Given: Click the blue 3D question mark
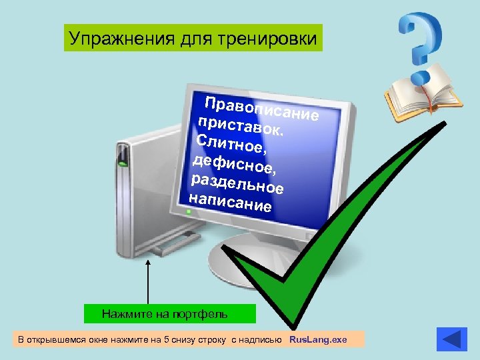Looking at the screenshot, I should point(421,43).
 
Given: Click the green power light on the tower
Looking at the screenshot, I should point(123,162).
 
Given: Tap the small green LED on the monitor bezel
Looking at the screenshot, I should point(189,212).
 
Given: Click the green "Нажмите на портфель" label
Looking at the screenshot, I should point(170,313).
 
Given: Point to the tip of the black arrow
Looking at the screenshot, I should point(148,263).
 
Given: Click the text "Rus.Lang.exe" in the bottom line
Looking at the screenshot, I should point(318,340).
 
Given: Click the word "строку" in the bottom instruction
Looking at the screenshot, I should point(213,340).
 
